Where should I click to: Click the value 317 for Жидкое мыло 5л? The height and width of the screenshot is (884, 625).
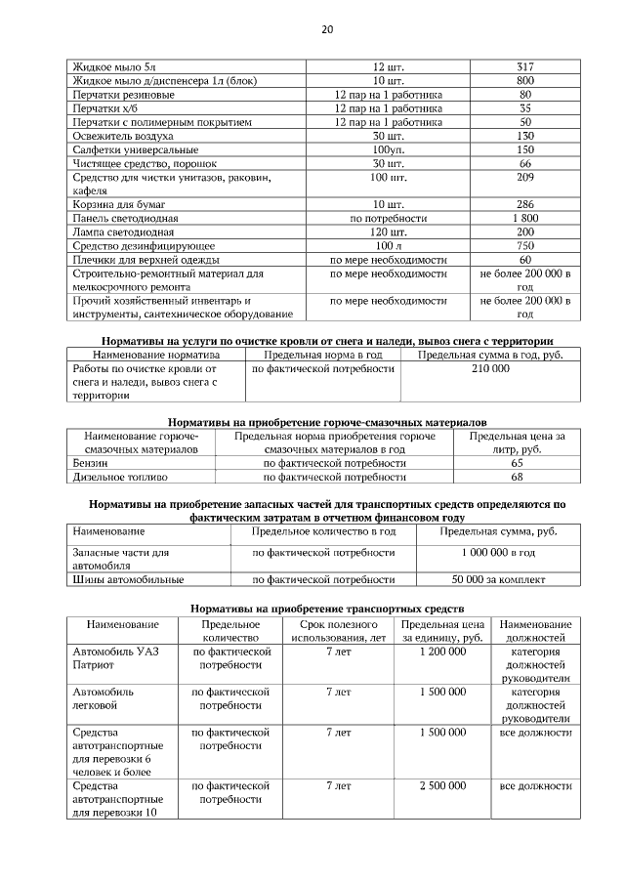coord(524,66)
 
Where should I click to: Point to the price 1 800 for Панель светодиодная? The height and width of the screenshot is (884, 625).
coord(524,219)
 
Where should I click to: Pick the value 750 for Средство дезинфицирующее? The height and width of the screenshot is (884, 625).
coord(524,246)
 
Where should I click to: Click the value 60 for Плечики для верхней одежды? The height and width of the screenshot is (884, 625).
coord(524,261)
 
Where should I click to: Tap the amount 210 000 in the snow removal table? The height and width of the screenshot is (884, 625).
coord(490,370)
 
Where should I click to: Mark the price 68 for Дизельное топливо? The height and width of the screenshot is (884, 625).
coord(517,478)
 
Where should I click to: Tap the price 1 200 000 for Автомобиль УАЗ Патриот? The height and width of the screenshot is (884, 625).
coord(442,651)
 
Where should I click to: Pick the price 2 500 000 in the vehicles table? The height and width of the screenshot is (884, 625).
coord(442,785)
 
